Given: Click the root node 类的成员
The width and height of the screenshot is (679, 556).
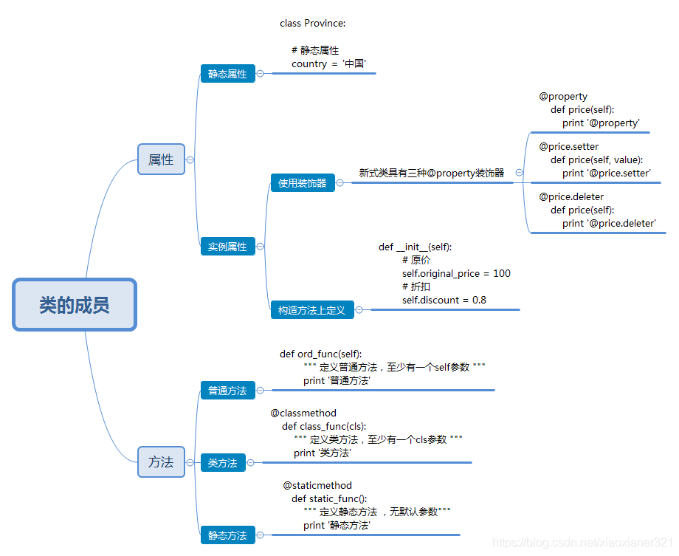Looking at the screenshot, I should coord(75,304).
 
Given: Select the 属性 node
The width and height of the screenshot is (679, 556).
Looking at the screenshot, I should coord(161,159).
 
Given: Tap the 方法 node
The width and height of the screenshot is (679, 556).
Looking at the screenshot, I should coord(161,462).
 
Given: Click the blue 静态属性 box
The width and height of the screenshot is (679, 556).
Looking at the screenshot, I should coord(227,74).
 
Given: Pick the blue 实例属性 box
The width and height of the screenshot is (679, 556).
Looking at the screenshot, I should coord(227,247).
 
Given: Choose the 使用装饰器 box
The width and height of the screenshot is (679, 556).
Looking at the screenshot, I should coord(303,183).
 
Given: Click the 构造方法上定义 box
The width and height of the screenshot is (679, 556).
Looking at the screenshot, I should coord(311,310).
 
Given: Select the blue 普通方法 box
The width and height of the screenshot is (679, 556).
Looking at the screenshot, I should coord(227,391).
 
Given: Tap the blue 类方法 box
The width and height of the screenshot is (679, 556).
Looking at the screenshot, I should coord(222,463).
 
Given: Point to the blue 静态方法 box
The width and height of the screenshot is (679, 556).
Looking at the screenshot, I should coord(227,535).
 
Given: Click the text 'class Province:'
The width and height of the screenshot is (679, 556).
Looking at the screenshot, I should coord(313,23).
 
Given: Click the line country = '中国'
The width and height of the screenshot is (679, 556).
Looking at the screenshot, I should coord(329,64).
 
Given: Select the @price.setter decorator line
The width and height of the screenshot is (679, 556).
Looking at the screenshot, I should coord(569,147).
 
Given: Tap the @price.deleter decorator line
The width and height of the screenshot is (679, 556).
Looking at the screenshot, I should coord(571,197).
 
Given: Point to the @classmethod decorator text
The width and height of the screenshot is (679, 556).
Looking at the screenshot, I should coord(303,413).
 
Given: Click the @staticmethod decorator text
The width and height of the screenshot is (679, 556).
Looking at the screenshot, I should coord(317,485).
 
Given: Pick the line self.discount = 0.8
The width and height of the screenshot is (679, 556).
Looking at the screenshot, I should coord(444,300).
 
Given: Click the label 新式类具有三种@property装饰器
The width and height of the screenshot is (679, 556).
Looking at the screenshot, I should coord(432,173).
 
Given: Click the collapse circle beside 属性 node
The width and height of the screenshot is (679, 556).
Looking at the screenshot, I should coord(190,159).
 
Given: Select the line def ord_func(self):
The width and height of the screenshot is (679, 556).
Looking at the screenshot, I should coord(321,354).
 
